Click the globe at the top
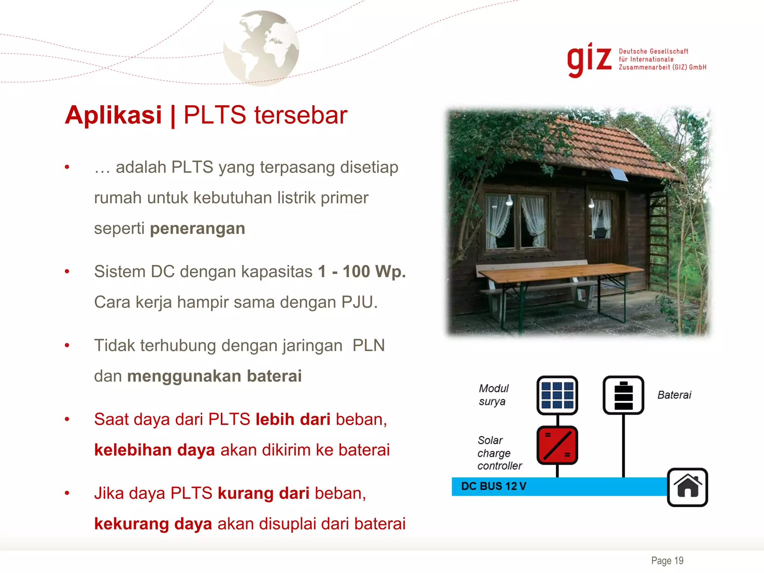point(261,48)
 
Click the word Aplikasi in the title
point(113,115)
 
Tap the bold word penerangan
point(197,228)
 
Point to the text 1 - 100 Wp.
point(361,272)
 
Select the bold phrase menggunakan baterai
point(214,376)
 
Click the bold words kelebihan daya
point(154,450)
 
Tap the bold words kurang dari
point(263,493)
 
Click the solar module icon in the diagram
point(557,395)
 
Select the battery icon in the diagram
point(623,395)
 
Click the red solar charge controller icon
point(557,445)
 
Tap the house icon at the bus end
point(687,487)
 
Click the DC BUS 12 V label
point(493,486)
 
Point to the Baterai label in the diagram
point(674,395)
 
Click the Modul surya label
point(493,395)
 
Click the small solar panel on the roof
point(618,174)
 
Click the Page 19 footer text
point(667,561)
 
